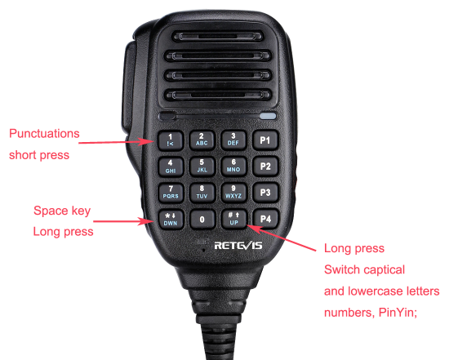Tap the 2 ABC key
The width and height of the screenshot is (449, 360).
(x=202, y=140)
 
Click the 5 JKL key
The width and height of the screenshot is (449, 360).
(x=202, y=167)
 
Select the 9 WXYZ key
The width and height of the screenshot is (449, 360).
(x=233, y=193)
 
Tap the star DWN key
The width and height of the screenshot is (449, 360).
(x=171, y=219)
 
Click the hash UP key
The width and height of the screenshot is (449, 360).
(x=233, y=219)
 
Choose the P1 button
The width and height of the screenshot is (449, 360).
(x=265, y=140)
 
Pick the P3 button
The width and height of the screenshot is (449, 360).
(x=265, y=193)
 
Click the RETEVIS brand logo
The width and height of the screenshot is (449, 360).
(x=238, y=246)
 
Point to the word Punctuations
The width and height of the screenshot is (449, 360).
(x=44, y=133)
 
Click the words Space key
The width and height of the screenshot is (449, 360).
(x=62, y=211)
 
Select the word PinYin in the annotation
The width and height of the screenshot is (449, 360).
(x=398, y=313)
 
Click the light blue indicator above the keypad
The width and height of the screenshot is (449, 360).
(x=269, y=116)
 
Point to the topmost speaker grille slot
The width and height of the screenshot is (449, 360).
(x=217, y=37)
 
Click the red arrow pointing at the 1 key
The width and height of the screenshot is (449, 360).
(x=116, y=142)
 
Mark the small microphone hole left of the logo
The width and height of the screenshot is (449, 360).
(x=203, y=250)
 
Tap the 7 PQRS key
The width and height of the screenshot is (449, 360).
(x=171, y=193)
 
